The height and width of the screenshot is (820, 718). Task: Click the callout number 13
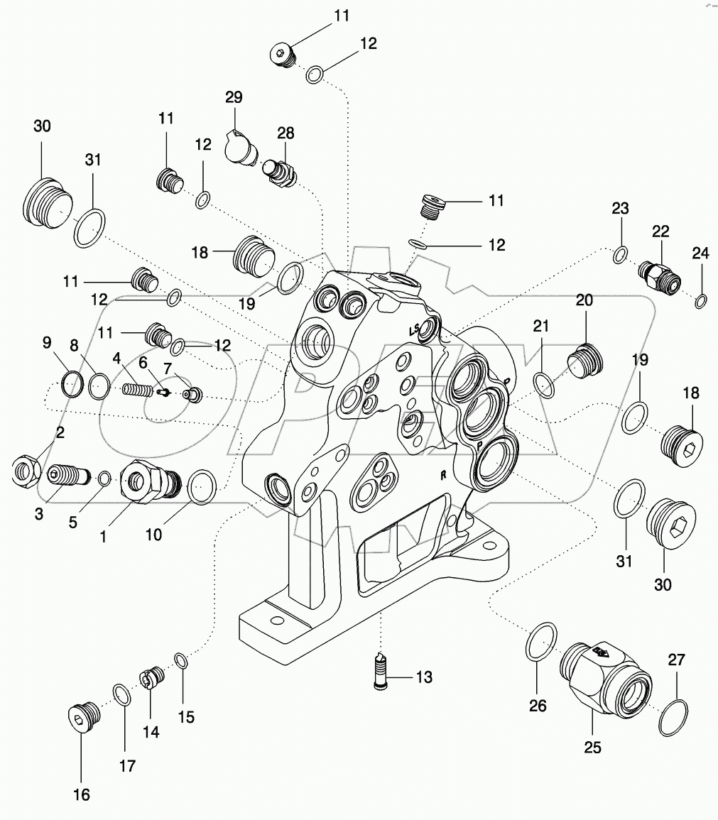click(x=423, y=677)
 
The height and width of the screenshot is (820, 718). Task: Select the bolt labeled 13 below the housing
click(x=382, y=671)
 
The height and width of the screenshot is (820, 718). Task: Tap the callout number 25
click(x=593, y=747)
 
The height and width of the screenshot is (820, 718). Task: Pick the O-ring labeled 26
click(x=544, y=645)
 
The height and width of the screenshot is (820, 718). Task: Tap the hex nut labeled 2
click(x=26, y=470)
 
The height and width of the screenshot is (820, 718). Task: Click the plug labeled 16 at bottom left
click(x=81, y=717)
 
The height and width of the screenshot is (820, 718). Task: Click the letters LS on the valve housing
click(x=414, y=331)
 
